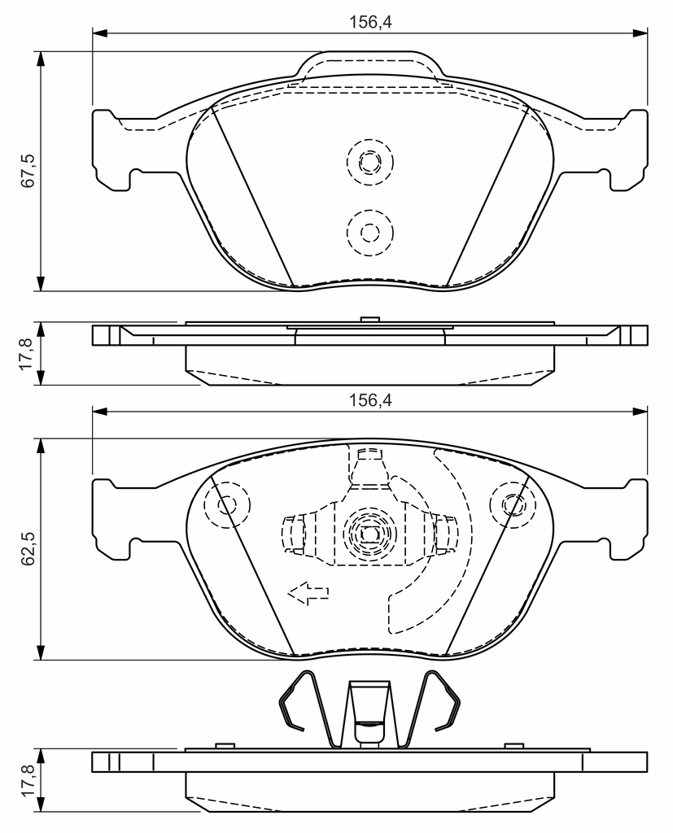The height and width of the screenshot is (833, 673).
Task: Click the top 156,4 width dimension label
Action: (370, 22)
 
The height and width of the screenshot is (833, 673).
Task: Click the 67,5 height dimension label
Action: (28, 171)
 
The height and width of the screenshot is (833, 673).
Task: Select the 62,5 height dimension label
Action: (28, 549)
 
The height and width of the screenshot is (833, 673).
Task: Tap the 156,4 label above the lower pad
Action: (370, 400)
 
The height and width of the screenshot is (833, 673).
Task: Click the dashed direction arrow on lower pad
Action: (308, 592)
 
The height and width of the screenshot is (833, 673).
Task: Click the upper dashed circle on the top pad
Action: (369, 162)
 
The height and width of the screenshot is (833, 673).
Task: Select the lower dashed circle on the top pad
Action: (369, 232)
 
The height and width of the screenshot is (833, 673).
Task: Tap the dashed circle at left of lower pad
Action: (226, 504)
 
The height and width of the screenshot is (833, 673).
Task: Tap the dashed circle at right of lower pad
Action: (513, 504)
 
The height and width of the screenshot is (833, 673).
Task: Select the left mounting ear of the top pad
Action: (112, 150)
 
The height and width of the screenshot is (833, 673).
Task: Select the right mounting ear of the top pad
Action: (627, 150)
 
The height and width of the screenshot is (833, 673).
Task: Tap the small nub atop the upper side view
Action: (369, 319)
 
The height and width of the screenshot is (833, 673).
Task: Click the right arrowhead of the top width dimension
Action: (640, 33)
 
